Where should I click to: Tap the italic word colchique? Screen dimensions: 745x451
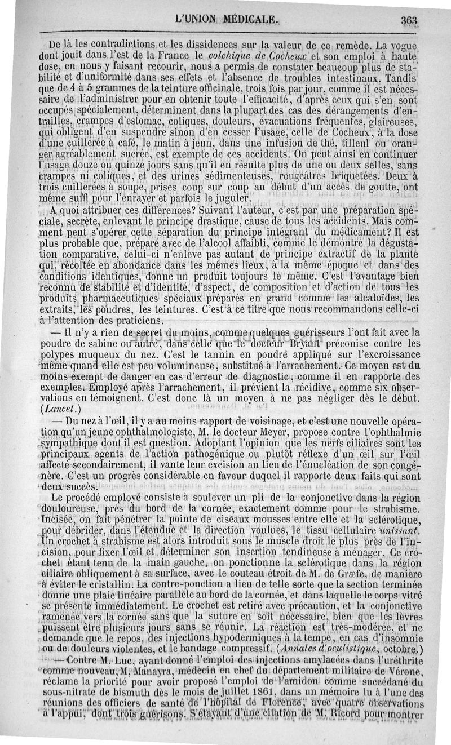click(x=232, y=56)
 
